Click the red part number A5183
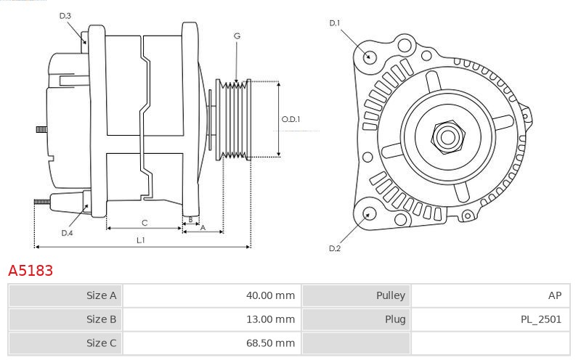[31, 271]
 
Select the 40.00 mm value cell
[212, 295]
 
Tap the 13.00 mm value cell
[212, 319]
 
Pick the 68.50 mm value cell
[212, 343]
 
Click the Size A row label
[65, 295]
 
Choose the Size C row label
[65, 343]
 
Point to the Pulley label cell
[357, 295]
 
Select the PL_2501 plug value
[541, 319]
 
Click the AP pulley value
[555, 295]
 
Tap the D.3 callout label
[65, 16]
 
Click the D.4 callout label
[67, 233]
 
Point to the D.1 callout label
[335, 23]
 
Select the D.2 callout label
[335, 248]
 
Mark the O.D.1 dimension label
[291, 119]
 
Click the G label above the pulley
[237, 36]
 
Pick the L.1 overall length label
[141, 240]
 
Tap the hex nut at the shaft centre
[447, 137]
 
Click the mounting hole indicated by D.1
[368, 57]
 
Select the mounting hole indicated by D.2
[368, 214]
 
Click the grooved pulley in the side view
[233, 119]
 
